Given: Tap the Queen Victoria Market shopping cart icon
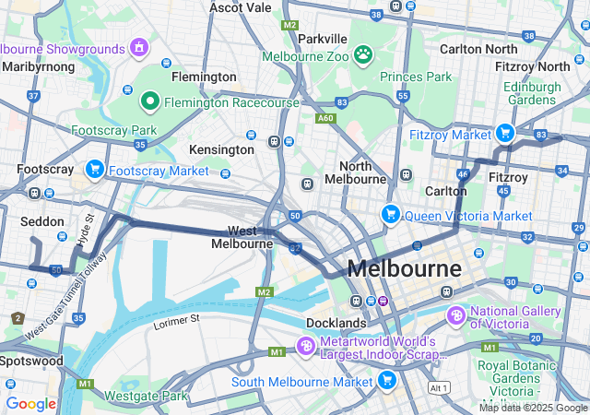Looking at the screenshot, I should click(x=391, y=215).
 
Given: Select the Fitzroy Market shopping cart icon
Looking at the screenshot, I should click(x=505, y=134).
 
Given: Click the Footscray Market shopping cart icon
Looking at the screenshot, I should click(x=94, y=170).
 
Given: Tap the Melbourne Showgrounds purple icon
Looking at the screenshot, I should click(x=139, y=47).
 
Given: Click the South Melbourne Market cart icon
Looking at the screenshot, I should click(x=386, y=380).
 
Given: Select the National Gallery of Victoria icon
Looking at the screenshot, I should click(x=455, y=316).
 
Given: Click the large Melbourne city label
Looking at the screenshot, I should click(x=404, y=269).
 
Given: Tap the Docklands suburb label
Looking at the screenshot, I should click(x=336, y=324).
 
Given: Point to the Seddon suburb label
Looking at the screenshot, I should click(x=42, y=221).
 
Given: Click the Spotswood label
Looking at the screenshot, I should click(x=32, y=361).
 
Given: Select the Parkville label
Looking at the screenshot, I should click(x=323, y=39).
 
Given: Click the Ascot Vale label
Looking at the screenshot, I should click(x=241, y=7).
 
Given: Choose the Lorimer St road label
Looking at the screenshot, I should click(x=176, y=319).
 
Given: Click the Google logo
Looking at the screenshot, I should click(x=30, y=403).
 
